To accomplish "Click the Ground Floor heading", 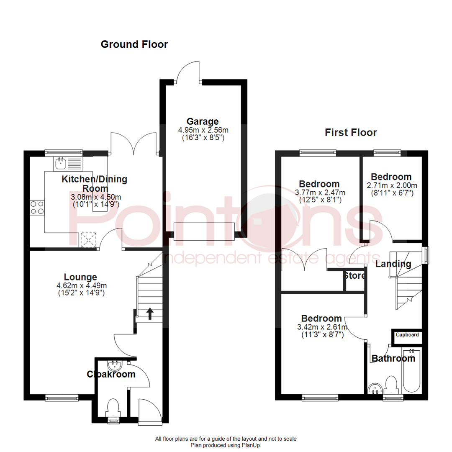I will [x=134, y=44].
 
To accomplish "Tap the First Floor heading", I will [x=351, y=133].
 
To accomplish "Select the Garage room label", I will [x=203, y=121].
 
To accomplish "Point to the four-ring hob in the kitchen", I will [x=37, y=207].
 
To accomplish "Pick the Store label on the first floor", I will [x=354, y=276].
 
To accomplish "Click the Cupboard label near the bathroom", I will [x=407, y=335].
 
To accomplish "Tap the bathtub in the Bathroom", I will [x=411, y=370].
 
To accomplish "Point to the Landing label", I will [x=393, y=264].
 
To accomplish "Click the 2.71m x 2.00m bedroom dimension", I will [x=392, y=185].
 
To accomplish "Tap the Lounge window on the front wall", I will [x=62, y=397].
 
